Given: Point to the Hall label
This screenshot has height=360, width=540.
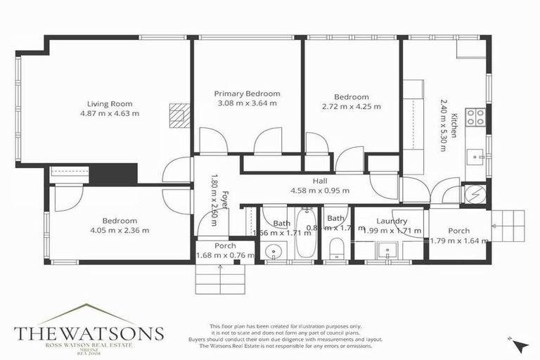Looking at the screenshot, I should pos(320,180).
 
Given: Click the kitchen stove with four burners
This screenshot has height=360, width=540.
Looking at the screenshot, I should pos(476,117).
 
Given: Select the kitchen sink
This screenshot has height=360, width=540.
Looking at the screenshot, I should pos(476,154).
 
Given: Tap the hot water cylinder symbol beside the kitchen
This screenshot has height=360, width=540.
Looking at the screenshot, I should pos(474,195).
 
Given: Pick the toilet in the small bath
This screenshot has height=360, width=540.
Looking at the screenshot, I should pos(336,248).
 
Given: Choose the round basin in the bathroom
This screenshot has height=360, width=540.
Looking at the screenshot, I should pos(272,250).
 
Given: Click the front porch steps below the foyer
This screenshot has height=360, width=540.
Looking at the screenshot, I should pos(219,279).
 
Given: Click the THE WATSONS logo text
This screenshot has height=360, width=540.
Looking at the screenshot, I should pos(89,332).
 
